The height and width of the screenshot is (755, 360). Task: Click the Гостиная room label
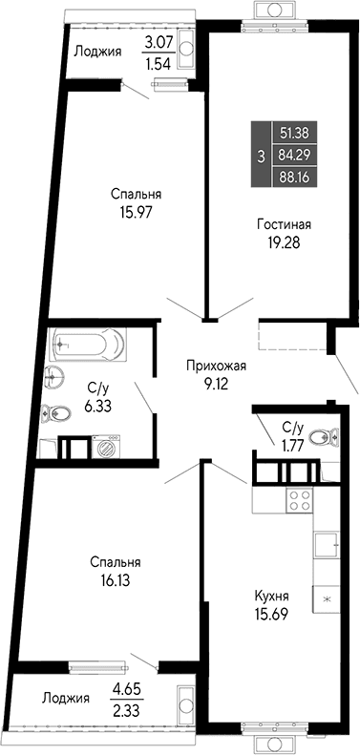[284, 224]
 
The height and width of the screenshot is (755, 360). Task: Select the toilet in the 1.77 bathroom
[328, 437]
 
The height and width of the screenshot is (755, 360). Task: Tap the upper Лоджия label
[97, 52]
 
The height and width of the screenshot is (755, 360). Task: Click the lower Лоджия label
[66, 698]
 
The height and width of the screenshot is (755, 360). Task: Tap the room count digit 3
[261, 154]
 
